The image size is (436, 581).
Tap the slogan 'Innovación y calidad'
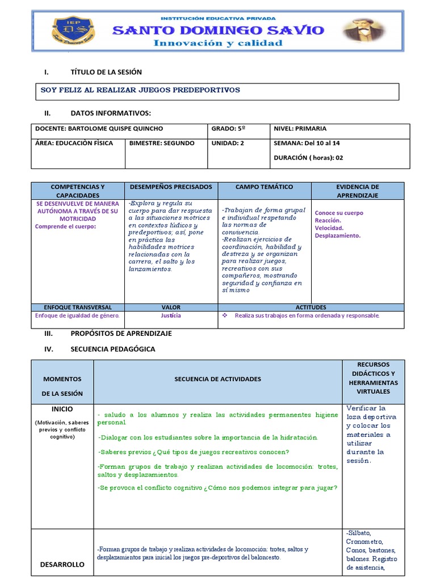pos(218,43)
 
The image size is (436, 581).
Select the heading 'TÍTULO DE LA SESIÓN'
pos(106,72)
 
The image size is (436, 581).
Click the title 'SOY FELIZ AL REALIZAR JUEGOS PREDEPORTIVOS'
pos(140,90)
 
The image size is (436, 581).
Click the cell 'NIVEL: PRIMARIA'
pos(300,129)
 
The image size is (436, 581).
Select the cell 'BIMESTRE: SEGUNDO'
pos(162,143)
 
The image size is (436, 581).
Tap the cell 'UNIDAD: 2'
pos(228,143)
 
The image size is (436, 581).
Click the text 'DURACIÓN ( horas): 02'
pos(308,158)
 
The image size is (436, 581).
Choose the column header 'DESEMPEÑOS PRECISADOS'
pos(171,187)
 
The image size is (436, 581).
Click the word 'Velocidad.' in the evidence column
pos(329,228)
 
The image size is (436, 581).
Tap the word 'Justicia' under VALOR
pos(171,315)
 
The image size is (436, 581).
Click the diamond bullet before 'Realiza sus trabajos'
pos(225,315)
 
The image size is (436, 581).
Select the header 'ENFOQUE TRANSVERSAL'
pos(78,307)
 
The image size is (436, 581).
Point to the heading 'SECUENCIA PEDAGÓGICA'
pos(112,349)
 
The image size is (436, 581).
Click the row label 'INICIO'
pos(62,409)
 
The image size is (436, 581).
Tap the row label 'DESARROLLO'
pos(62,565)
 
